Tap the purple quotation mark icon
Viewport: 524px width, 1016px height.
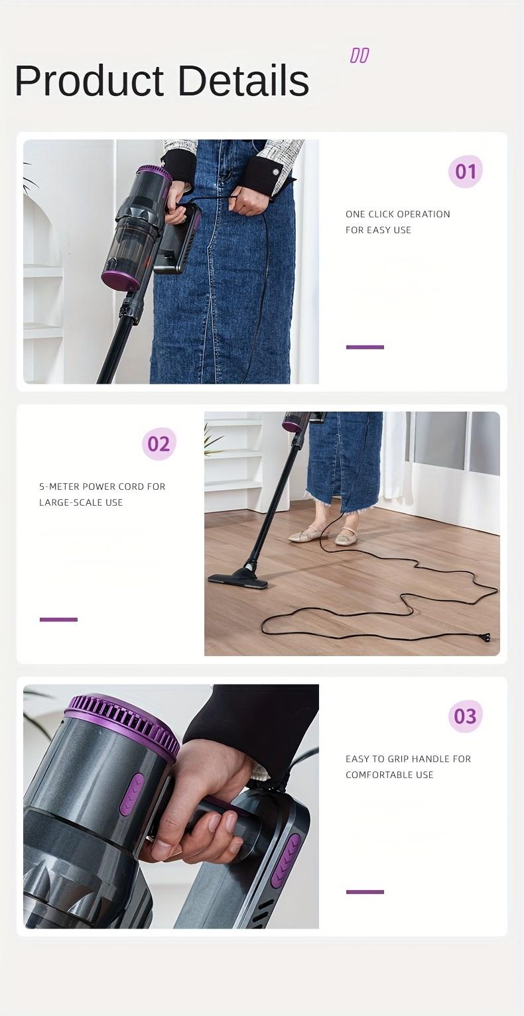(360, 56)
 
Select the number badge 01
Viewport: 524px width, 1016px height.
(465, 172)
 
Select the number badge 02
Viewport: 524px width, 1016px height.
(159, 444)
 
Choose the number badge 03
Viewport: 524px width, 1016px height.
(465, 716)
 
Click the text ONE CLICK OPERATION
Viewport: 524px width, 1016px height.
(397, 214)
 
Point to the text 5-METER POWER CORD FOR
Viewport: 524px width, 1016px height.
(102, 486)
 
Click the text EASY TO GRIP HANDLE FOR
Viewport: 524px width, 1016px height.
(408, 759)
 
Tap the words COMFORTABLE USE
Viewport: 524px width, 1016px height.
(389, 775)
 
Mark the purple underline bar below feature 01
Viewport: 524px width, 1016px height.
(365, 347)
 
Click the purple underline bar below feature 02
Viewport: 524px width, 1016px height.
(58, 620)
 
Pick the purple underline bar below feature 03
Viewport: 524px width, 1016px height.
(365, 892)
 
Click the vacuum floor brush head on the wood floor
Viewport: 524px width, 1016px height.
(238, 580)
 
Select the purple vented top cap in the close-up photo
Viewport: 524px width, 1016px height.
(123, 719)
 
